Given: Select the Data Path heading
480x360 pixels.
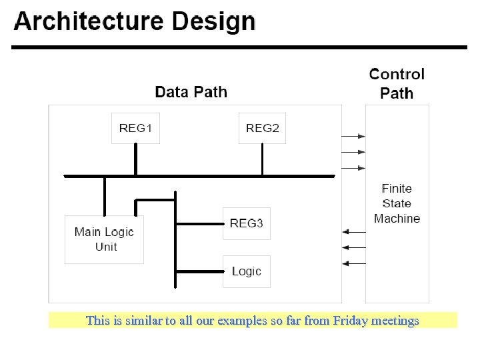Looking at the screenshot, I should click(x=191, y=92).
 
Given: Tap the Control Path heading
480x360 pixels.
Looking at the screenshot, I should click(x=397, y=84).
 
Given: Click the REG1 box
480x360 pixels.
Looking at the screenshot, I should click(x=135, y=128).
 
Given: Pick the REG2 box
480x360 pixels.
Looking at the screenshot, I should click(x=263, y=128).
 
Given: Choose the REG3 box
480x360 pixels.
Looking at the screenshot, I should click(x=247, y=223).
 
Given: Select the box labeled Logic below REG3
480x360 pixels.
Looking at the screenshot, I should click(x=247, y=271).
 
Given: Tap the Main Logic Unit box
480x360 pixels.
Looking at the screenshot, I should click(x=104, y=239).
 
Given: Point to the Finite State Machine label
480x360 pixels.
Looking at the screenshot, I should click(x=397, y=203).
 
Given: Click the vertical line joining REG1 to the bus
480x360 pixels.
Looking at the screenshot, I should click(x=135, y=159).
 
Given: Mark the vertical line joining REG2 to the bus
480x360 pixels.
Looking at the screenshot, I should click(x=263, y=159).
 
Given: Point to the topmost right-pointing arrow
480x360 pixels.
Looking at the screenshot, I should click(x=353, y=136).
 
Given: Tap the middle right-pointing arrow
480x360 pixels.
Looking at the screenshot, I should click(x=353, y=152).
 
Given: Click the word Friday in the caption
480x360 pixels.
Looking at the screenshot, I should click(x=337, y=321).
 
